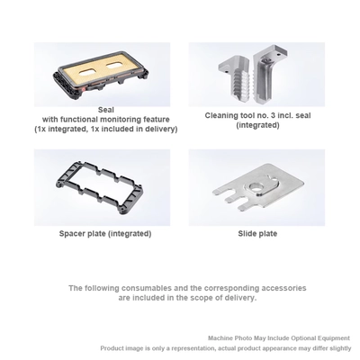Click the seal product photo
102,75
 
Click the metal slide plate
258,190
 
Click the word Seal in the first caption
105,111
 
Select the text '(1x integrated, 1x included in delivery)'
106,130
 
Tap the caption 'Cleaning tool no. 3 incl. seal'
257,115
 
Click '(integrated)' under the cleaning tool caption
257,125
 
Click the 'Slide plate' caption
257,234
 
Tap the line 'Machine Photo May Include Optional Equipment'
279,338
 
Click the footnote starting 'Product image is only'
226,348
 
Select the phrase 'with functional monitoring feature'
106,120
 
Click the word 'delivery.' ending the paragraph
238,298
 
